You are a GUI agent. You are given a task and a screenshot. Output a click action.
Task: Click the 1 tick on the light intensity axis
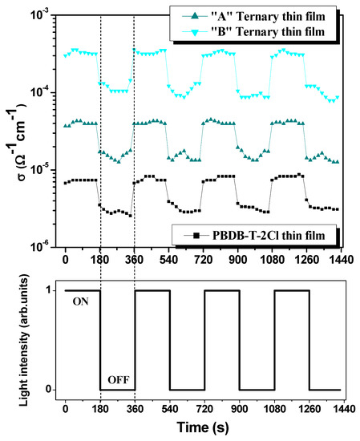(51, 290)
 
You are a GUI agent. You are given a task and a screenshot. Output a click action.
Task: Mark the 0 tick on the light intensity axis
(51, 390)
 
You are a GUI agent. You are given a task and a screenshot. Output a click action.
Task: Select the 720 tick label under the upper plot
(204, 261)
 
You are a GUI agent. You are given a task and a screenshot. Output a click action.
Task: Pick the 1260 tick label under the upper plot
(308, 261)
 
